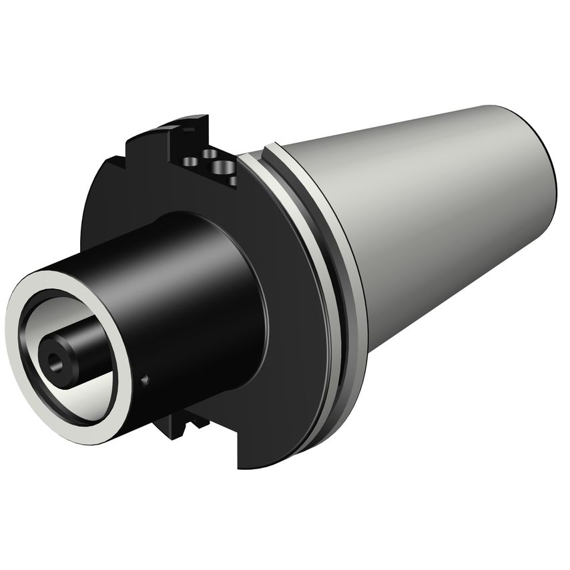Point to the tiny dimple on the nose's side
[145, 381]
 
